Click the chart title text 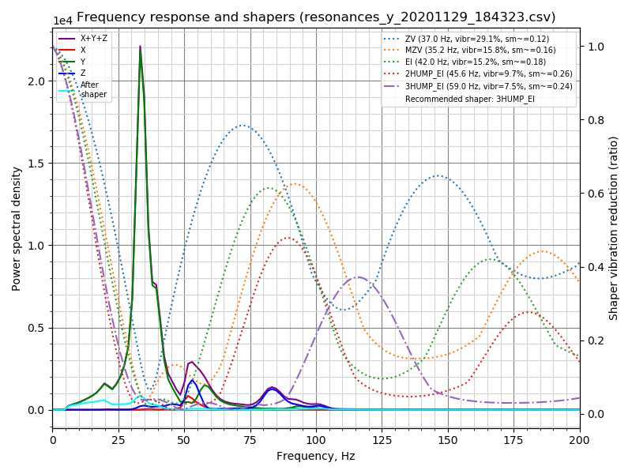316,17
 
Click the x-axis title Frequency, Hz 316,456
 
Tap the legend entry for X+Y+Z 94,38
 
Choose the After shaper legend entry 94,89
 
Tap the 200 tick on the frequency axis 580,437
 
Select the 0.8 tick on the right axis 594,120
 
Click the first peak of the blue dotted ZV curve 243,125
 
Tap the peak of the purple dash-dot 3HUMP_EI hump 359,276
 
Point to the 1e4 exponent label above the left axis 62,21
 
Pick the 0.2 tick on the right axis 594,340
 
